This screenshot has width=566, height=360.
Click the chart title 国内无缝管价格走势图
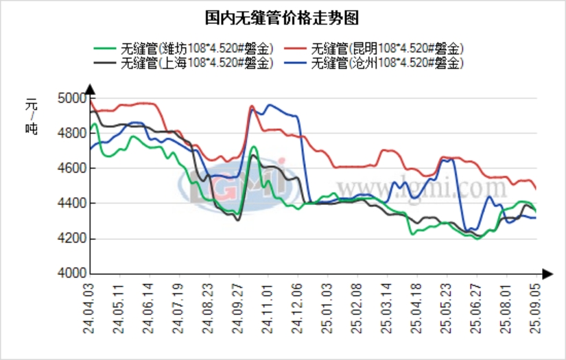tap(282, 17)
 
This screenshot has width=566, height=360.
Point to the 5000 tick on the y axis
tap(71, 98)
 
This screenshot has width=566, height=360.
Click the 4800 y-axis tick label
tap(71, 133)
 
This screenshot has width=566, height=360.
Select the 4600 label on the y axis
tap(71, 168)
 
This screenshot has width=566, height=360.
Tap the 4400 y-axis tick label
tap(71, 204)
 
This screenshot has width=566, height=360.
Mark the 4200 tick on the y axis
tap(71, 239)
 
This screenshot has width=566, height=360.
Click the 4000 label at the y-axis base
tap(71, 274)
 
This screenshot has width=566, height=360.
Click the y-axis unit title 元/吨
tap(32, 116)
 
